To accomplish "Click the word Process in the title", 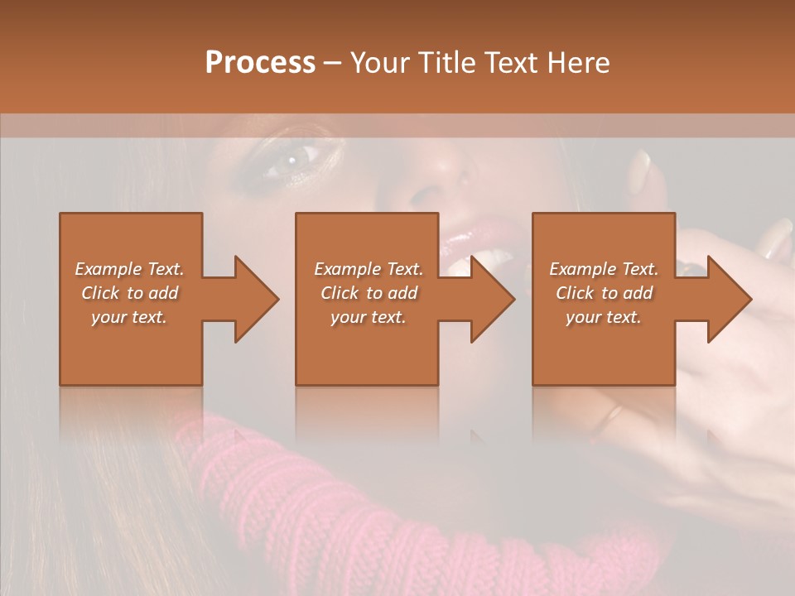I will (260, 63).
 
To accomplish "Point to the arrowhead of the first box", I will (257, 299).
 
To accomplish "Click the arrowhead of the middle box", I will (493, 299).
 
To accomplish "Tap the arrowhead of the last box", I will (730, 299).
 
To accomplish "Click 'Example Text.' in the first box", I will (129, 269).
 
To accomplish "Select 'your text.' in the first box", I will (129, 317).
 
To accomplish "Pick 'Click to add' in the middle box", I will (369, 293).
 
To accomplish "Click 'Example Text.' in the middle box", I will (369, 269).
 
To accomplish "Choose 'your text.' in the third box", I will (604, 317).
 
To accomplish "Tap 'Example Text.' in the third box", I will (604, 269).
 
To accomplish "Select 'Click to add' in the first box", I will (129, 293).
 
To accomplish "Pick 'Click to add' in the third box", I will (604, 293).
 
